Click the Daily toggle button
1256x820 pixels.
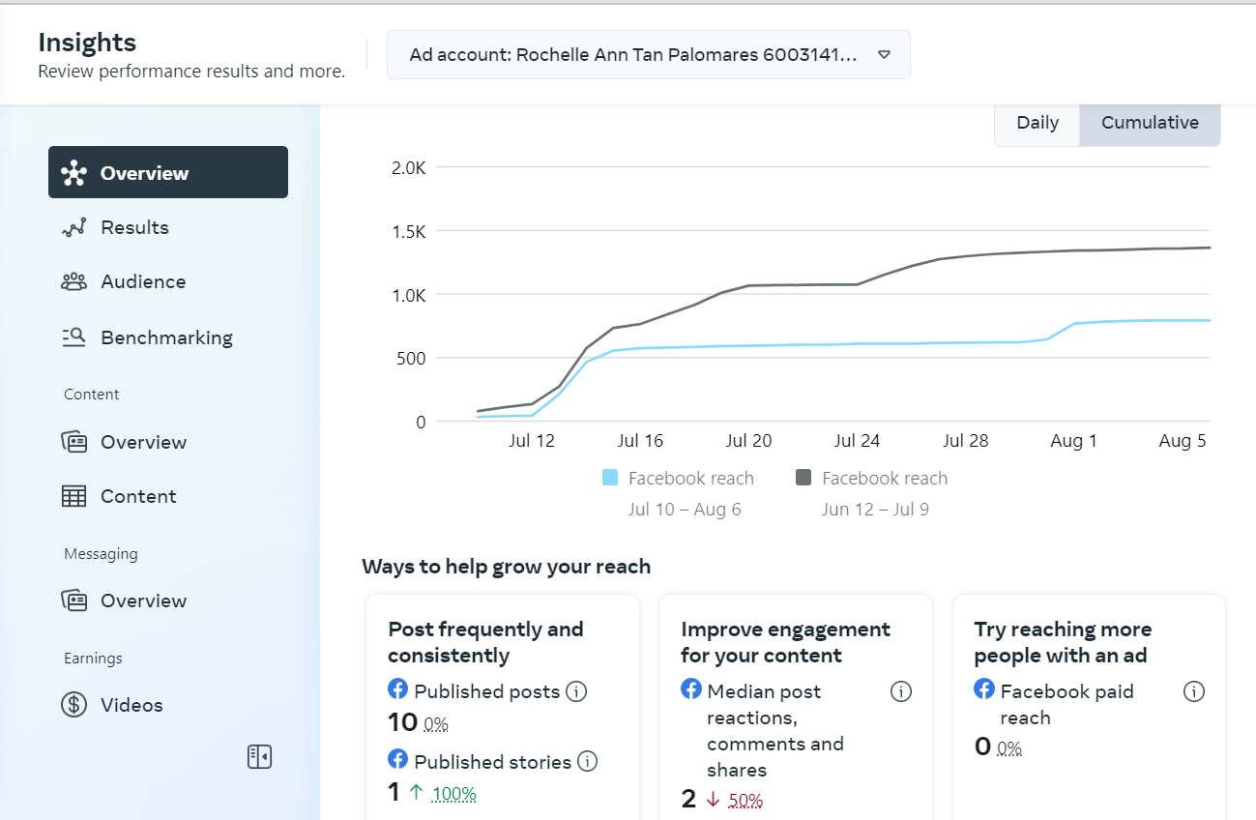pos(1037,123)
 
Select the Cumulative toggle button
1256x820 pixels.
pos(1150,123)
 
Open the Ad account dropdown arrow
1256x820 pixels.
pos(884,55)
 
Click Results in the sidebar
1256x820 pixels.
pos(134,227)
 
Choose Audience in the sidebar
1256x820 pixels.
pos(143,281)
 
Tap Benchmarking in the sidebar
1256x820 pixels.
pos(166,337)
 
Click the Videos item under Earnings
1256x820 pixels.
pos(131,705)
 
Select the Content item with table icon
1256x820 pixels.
pos(138,496)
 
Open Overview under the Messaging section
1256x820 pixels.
pos(143,600)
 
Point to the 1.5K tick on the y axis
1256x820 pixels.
pos(408,231)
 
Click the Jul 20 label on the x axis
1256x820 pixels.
pos(748,441)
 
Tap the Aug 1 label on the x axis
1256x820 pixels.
pos(1073,441)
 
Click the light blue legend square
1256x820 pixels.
pos(610,478)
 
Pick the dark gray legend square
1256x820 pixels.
pos(803,478)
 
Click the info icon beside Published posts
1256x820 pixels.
pos(576,691)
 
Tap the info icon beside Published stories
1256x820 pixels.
pos(587,762)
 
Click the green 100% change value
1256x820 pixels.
pos(453,794)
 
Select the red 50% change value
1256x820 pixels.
pos(745,800)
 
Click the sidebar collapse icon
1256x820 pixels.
pos(259,756)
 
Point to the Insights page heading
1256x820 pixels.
pos(87,43)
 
